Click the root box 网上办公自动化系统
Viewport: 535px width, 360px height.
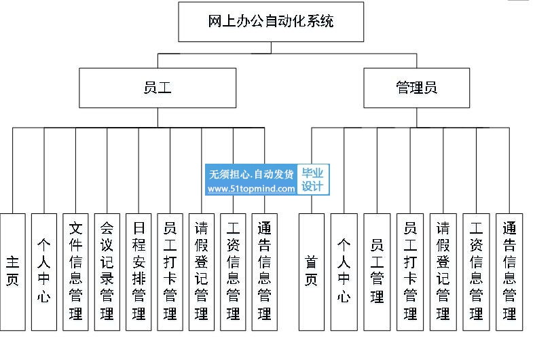click(x=271, y=22)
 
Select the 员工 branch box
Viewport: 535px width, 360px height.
click(x=158, y=88)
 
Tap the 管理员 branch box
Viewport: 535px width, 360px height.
click(x=417, y=88)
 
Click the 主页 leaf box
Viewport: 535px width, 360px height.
click(x=13, y=272)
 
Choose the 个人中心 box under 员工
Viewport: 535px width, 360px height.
click(x=44, y=272)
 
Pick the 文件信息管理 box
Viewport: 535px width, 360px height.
click(x=75, y=272)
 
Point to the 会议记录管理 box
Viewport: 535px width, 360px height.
click(x=107, y=272)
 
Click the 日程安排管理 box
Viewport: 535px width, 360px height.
click(x=139, y=272)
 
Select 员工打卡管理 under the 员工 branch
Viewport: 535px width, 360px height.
click(x=170, y=272)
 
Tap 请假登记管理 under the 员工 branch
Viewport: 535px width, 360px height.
click(x=202, y=272)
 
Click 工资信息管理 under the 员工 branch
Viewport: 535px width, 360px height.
click(x=233, y=272)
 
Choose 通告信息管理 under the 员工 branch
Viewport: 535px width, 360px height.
click(x=264, y=272)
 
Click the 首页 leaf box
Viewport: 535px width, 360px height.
click(x=312, y=272)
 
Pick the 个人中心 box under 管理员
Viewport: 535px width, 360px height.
click(x=344, y=272)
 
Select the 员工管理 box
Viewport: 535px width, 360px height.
click(x=377, y=272)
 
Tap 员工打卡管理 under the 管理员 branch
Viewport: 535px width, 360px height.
click(x=410, y=272)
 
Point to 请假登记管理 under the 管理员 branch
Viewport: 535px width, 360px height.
click(x=443, y=272)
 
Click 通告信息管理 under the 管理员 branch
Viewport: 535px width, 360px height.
click(x=509, y=272)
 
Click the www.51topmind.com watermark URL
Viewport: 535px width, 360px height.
click(x=251, y=189)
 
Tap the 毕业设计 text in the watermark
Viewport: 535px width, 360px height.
click(x=312, y=179)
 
